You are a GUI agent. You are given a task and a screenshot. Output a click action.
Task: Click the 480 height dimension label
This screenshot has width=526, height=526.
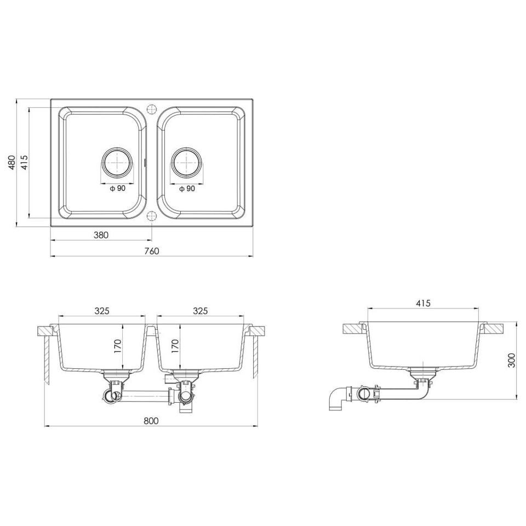[x=12, y=162]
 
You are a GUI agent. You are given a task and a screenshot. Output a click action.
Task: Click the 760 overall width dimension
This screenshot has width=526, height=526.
[x=152, y=251]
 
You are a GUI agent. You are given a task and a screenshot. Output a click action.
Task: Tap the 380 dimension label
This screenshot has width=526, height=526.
[x=101, y=235]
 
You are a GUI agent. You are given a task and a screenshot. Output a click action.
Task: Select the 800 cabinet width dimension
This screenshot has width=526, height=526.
[x=151, y=421]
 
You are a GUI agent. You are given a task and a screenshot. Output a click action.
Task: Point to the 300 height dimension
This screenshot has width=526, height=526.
[x=511, y=361]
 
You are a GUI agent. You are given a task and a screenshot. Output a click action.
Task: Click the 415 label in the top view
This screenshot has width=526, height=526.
[x=24, y=162]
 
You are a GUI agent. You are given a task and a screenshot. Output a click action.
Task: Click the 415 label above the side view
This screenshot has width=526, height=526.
[x=424, y=303]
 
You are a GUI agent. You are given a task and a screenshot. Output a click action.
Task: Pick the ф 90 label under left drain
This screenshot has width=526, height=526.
[x=117, y=188]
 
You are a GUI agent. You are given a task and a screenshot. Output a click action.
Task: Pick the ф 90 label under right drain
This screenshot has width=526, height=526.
[x=187, y=188]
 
